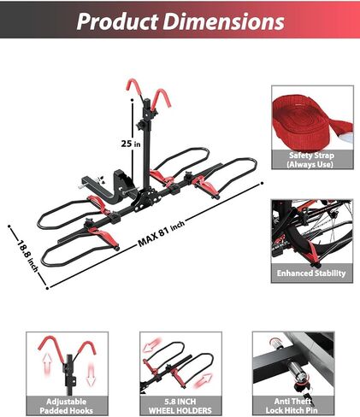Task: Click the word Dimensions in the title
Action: [224, 21]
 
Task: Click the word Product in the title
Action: [117, 21]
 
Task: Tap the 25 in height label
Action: [131, 144]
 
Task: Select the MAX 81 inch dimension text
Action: [162, 232]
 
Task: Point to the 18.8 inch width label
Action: [27, 255]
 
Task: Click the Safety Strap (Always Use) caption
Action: [311, 160]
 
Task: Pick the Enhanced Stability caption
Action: [311, 273]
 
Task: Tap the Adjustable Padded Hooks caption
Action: [67, 406]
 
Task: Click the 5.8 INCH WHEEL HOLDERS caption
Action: [180, 406]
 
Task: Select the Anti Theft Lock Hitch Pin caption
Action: [292, 406]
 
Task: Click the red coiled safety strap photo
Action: [312, 118]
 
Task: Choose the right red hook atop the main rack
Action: [161, 100]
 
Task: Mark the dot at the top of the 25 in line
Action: [133, 100]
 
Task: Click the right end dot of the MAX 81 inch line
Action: [262, 183]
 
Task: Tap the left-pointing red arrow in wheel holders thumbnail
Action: [152, 345]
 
